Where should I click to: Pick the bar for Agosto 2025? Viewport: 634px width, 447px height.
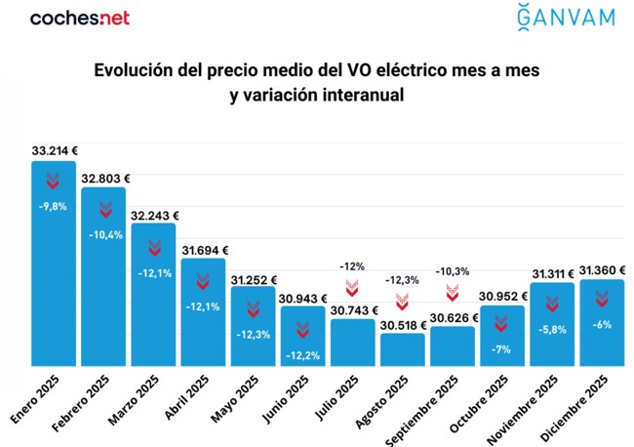point(402,348)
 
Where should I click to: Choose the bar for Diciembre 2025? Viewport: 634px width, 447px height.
point(601,322)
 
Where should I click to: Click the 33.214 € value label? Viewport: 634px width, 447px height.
point(55,151)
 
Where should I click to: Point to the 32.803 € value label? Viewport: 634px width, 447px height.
point(105,179)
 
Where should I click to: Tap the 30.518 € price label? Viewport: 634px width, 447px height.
point(402,324)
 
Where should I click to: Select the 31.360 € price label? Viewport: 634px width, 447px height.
point(602,270)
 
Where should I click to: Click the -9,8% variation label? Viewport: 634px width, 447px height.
point(53,207)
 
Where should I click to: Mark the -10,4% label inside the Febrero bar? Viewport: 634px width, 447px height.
point(103,234)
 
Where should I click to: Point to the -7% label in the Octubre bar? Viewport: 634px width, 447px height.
point(502,348)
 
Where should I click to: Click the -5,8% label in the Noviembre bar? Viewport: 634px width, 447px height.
point(552,330)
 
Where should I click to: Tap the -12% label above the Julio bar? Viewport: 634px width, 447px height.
point(352,265)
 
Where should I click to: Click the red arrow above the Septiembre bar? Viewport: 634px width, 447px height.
point(453,292)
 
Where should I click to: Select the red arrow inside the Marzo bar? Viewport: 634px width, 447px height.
point(154,248)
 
